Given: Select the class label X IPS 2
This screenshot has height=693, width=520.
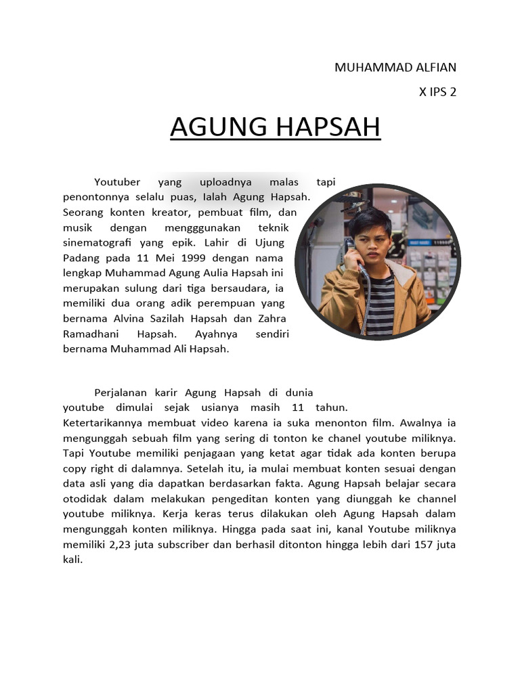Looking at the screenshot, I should tap(438, 92).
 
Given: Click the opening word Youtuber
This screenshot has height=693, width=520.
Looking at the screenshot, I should tap(117, 182).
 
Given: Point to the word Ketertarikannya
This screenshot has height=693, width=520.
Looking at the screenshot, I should tap(102, 423).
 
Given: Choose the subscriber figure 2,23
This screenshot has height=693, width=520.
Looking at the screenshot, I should tap(117, 545).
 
